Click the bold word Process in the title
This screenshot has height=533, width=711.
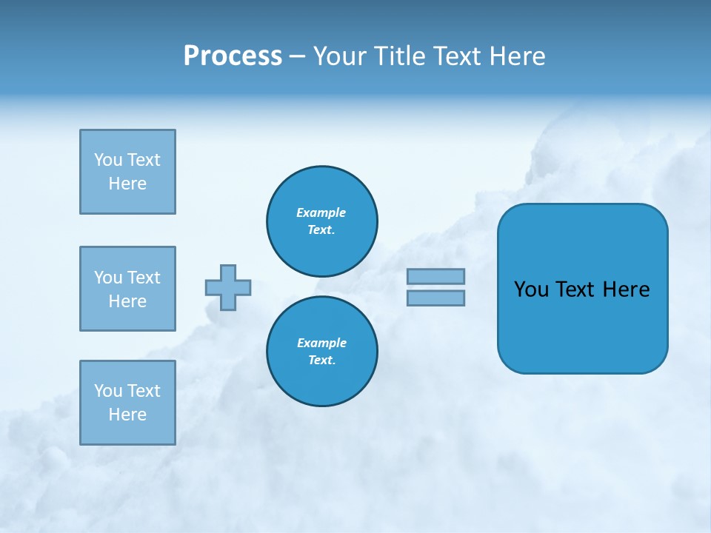233,56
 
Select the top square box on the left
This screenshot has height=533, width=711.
127,172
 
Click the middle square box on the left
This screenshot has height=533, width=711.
127,289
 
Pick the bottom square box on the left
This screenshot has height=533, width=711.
127,403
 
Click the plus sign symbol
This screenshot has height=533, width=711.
228,287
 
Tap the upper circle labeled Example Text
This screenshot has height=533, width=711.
322,221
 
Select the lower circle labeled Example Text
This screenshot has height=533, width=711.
322,352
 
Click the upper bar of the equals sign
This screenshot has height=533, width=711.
435,276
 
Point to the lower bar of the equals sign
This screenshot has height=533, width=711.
435,298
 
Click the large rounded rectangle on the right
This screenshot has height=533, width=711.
582,326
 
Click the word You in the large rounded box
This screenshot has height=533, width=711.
531,289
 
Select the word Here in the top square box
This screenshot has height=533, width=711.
127,184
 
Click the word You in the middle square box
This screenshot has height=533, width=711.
108,278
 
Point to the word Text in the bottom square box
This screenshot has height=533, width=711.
144,391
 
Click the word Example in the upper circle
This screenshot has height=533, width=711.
321,212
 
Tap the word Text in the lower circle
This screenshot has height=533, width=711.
321,361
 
